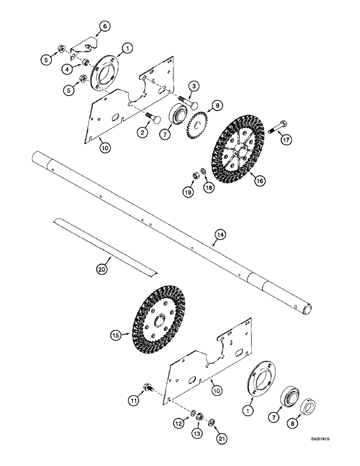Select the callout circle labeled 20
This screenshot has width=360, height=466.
click(x=103, y=269)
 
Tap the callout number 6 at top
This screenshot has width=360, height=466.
click(x=105, y=27)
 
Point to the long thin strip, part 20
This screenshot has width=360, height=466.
click(x=105, y=247)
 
